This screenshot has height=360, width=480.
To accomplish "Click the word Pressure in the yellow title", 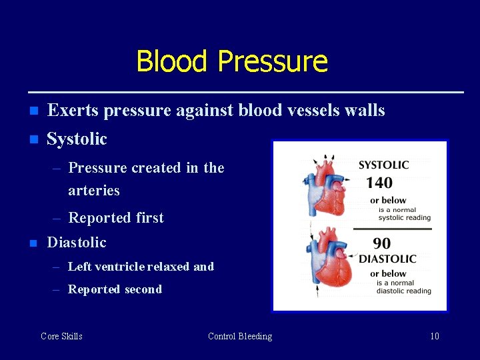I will pyautogui.click(x=272, y=61).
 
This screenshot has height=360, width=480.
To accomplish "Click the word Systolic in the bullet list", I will pyautogui.click(x=77, y=139).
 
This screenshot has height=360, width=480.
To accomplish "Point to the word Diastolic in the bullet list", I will pyautogui.click(x=76, y=242).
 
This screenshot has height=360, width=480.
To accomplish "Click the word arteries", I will pyautogui.click(x=93, y=191).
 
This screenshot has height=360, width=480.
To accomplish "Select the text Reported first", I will pyautogui.click(x=115, y=217).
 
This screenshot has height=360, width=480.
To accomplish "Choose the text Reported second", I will pyautogui.click(x=115, y=289).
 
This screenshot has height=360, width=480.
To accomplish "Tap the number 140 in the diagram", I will pyautogui.click(x=379, y=183).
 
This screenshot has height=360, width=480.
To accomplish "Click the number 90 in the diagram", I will pyautogui.click(x=382, y=244).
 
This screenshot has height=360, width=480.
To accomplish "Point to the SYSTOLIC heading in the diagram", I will pyautogui.click(x=383, y=165).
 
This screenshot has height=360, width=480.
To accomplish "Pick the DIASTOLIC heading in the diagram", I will pyautogui.click(x=387, y=259).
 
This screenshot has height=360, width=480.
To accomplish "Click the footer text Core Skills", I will pyautogui.click(x=61, y=336).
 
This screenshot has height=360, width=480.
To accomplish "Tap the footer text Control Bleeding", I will pyautogui.click(x=240, y=336).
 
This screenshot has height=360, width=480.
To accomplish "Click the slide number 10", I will pyautogui.click(x=434, y=336).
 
